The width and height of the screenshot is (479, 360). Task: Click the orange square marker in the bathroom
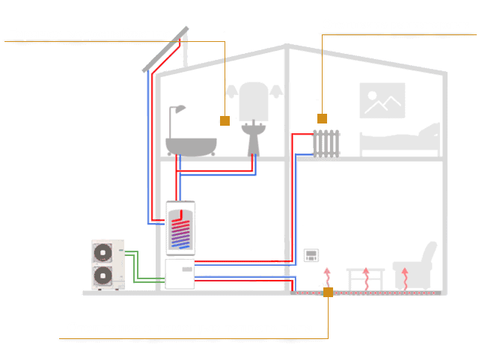[x=224, y=120]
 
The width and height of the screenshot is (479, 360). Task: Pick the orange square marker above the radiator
[x=323, y=118]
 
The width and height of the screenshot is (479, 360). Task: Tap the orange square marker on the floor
[x=328, y=292]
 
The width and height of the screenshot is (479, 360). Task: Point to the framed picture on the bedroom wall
[x=382, y=100]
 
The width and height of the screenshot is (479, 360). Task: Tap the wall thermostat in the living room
[x=311, y=257]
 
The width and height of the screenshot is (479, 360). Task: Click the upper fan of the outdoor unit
[x=102, y=252]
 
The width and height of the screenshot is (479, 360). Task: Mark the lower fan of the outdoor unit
[x=102, y=276]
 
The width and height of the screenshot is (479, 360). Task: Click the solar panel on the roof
[x=165, y=49]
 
